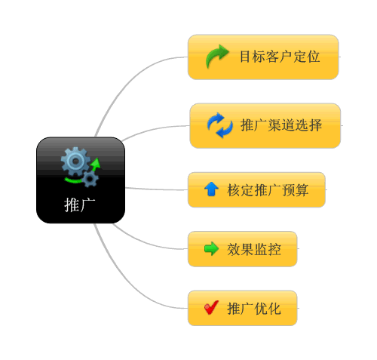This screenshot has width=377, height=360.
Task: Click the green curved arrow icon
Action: pos(217,56)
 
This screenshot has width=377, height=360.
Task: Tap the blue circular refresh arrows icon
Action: pos(220,125)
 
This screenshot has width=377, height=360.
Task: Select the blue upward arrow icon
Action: pos(211,189)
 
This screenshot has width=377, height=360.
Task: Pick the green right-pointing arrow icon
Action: pos(211,248)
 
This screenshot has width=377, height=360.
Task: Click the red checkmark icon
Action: pos(211,307)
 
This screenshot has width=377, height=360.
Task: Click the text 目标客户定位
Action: pos(280,57)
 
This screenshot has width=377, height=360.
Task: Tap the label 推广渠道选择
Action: pos(281,125)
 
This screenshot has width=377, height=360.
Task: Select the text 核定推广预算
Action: pos(268,189)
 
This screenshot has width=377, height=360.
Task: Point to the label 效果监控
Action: pos(254,249)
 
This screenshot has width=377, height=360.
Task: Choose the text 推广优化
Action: pos(254,309)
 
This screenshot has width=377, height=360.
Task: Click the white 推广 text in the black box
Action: pos(80,205)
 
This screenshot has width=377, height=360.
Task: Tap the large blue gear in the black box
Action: pos(75,162)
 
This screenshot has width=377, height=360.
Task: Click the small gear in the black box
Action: pos(90,179)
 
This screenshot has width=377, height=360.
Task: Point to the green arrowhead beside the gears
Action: pos(96,163)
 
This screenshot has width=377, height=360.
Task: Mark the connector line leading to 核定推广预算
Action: pos(156,189)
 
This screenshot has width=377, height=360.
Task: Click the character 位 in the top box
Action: pos(313,57)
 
